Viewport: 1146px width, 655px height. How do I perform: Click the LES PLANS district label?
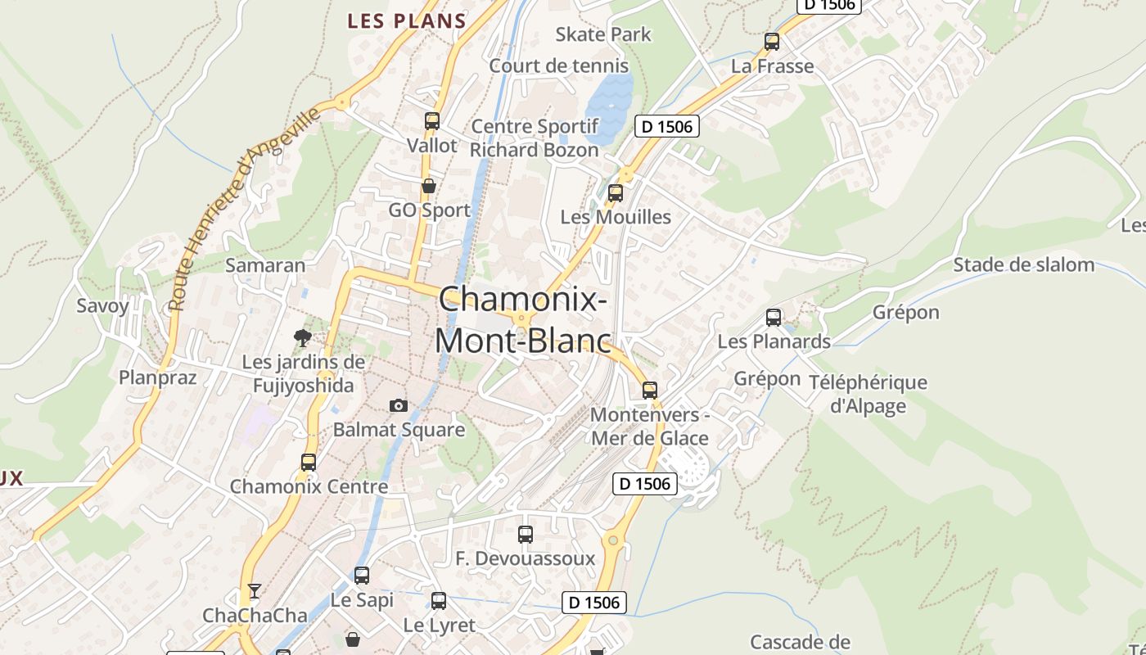point(406,21)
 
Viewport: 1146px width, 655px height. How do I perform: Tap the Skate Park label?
point(603,34)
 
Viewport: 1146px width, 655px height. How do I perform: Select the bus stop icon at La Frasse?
point(772,42)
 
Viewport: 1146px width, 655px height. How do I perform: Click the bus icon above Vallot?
point(432,121)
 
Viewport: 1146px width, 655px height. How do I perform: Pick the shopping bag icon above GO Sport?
point(428,186)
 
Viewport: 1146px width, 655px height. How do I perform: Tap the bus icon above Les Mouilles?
point(616,193)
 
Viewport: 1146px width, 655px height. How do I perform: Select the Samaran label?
point(265,265)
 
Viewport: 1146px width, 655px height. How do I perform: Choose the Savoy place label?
point(103,306)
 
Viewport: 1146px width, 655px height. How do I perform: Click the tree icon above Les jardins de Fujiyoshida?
point(303,337)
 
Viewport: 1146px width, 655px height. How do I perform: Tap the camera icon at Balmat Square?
point(399,405)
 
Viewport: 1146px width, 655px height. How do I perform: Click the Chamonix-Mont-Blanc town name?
point(523,319)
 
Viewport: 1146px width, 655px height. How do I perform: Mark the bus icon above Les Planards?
point(774,317)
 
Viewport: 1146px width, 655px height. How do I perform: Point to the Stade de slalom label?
point(1023,264)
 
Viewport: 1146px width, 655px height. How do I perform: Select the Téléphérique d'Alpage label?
point(868,394)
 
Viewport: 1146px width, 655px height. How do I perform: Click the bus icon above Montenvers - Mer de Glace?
point(650,390)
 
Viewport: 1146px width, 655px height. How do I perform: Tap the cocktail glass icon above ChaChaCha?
point(255,590)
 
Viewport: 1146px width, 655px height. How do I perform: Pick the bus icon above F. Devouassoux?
point(526,535)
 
